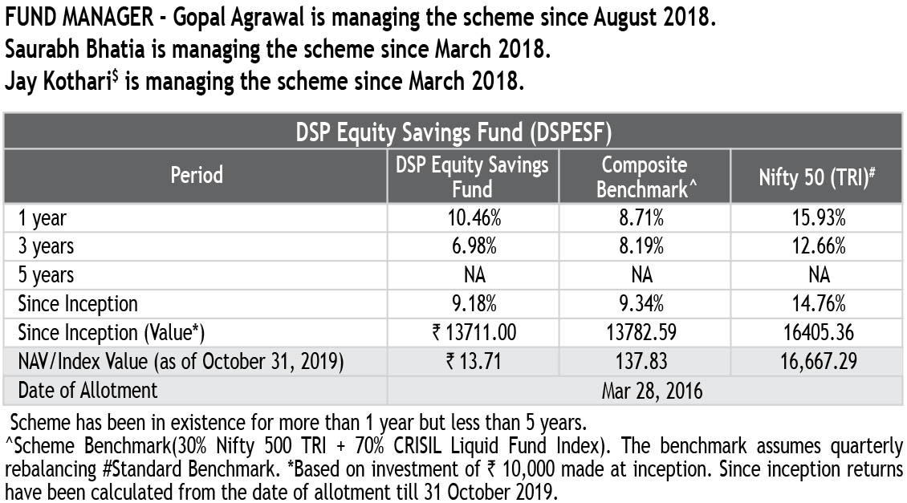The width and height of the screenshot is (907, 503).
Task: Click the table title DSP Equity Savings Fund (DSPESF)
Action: pyautogui.click(x=453, y=132)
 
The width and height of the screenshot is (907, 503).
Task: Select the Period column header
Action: pyautogui.click(x=197, y=175)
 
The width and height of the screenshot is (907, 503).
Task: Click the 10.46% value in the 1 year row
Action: pyautogui.click(x=473, y=217)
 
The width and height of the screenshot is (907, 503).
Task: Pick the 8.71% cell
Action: pyautogui.click(x=644, y=217)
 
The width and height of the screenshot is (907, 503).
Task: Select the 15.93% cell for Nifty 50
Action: pyautogui.click(x=818, y=217)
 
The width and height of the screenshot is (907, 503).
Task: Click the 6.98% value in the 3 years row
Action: pyautogui.click(x=473, y=245)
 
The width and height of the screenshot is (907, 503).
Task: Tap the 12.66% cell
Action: pyautogui.click(x=818, y=245)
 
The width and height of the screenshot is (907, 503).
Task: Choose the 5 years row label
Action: pyautogui.click(x=47, y=275)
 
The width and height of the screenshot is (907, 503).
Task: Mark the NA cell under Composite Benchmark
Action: pyautogui.click(x=644, y=275)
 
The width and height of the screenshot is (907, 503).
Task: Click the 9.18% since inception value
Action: pyautogui.click(x=473, y=304)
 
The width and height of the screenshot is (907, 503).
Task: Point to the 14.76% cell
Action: pyautogui.click(x=818, y=304)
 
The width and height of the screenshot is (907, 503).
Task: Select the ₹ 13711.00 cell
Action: pyautogui.click(x=473, y=333)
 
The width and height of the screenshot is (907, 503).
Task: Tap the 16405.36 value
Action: pyautogui.click(x=818, y=333)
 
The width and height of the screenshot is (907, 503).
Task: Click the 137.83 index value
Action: pyautogui.click(x=644, y=362)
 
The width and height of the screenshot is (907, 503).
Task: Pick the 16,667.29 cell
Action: pyautogui.click(x=818, y=362)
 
